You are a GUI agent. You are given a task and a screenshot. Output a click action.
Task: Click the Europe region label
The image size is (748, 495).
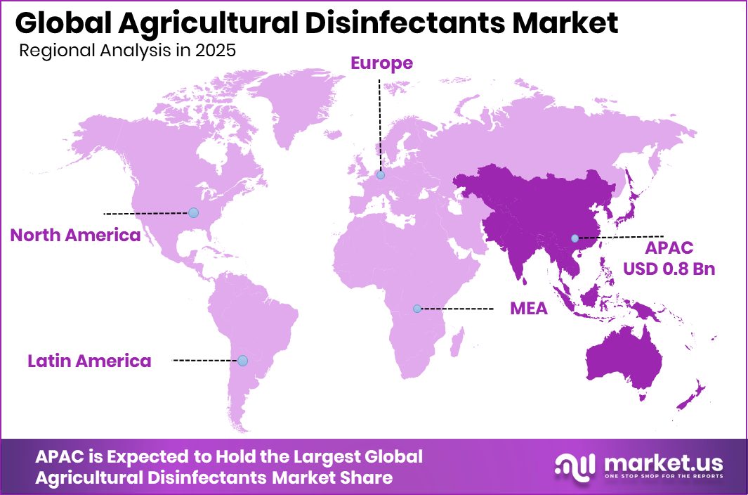tap(381, 63)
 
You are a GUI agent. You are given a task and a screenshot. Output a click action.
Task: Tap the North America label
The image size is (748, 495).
tap(75, 235)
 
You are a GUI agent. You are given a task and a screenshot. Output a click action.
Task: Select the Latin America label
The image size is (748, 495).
tap(89, 361)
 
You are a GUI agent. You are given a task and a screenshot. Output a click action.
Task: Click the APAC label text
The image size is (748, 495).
tap(669, 247)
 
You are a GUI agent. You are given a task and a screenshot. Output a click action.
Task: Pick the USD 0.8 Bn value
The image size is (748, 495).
tap(669, 268)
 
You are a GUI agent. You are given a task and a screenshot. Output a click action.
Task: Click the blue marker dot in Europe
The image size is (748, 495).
tap(380, 175)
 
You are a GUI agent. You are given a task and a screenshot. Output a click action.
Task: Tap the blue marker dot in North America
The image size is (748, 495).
tap(193, 212)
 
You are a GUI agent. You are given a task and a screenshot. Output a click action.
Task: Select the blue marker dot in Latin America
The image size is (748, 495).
tap(242, 360)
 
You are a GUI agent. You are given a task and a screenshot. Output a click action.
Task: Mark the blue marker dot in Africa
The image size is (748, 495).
tap(417, 309)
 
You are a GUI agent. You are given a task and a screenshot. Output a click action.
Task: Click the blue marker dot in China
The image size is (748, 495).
tap(575, 238)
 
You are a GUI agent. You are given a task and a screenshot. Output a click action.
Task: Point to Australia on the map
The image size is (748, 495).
tap(625, 359)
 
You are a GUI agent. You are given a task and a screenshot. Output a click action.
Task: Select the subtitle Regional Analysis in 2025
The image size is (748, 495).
tap(126, 51)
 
